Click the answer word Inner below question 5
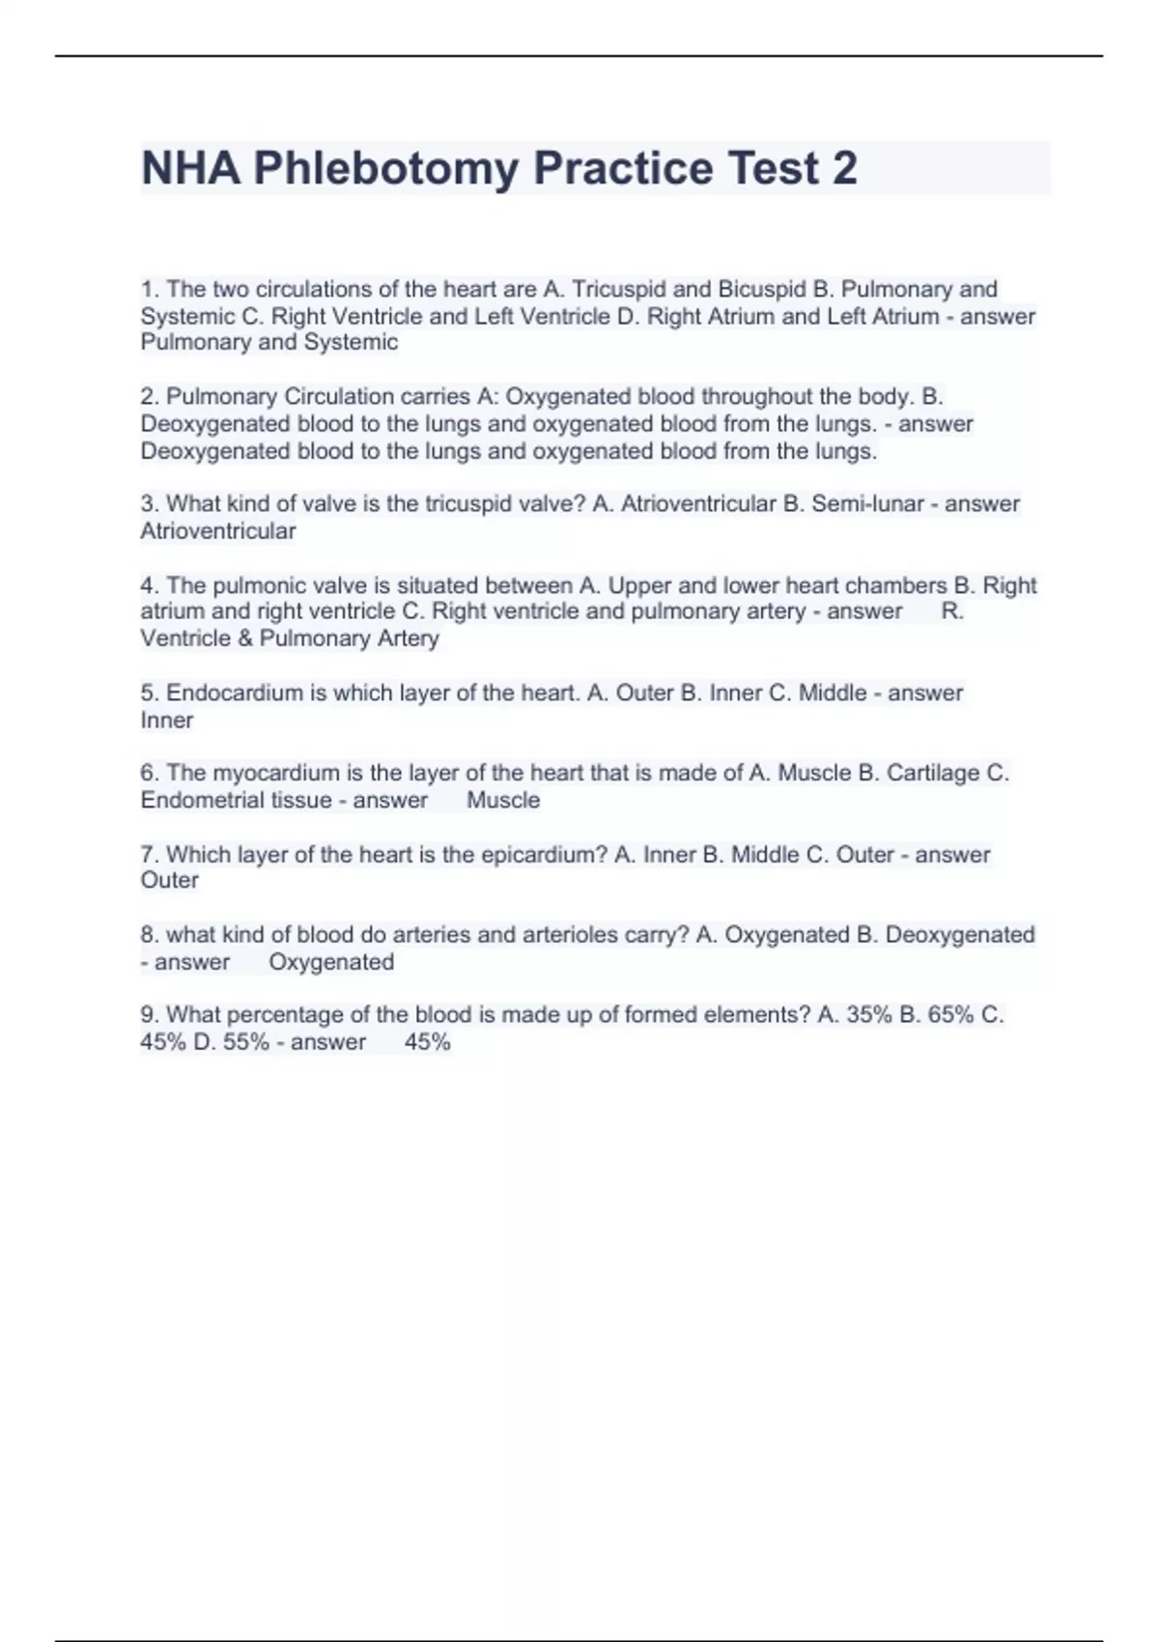[x=167, y=721]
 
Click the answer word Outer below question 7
[x=170, y=881]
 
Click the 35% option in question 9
[x=868, y=1015]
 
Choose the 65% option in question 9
[x=950, y=1015]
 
